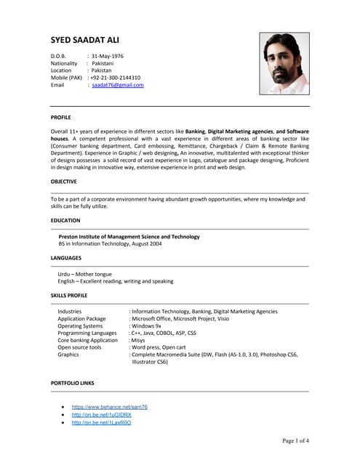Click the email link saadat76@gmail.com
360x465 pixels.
pos(118,85)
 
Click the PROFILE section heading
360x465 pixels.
pos(61,117)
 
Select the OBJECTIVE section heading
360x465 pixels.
pos(64,181)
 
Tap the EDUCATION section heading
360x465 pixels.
pos(65,220)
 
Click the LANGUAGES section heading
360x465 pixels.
pos(66,258)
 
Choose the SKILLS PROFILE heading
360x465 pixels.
pos(69,296)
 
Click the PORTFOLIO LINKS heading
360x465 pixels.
pos(73,382)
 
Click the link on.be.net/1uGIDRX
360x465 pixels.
pos(101,415)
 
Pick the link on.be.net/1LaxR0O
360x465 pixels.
pos(101,422)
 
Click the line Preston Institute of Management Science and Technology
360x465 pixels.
pos(129,236)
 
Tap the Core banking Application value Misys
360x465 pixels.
pos(137,340)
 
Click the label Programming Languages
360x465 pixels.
pos(87,333)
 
